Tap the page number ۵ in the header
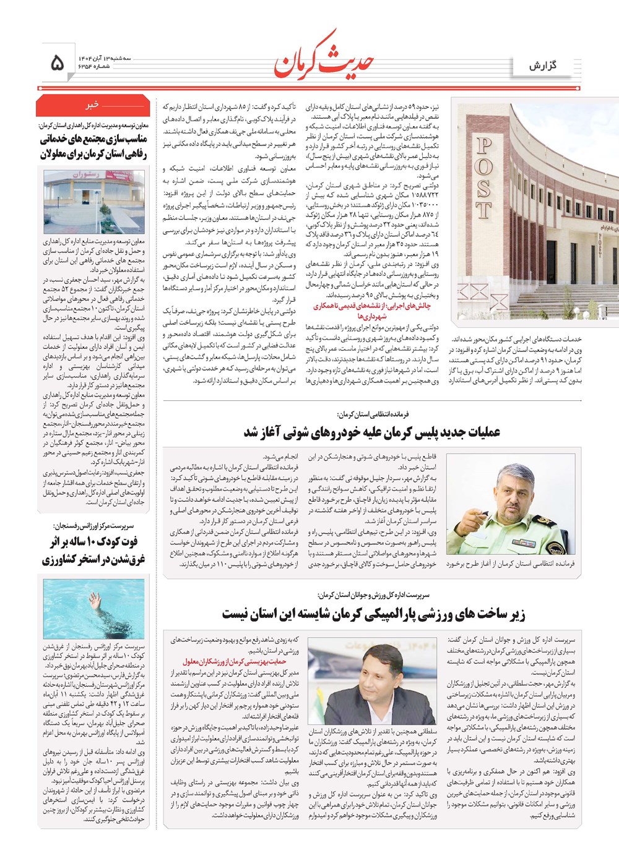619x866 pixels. click(56, 62)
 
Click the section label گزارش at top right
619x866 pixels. click(543, 66)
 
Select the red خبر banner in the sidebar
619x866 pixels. click(93, 105)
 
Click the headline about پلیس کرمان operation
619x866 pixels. click(371, 432)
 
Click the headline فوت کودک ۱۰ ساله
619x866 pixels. click(93, 551)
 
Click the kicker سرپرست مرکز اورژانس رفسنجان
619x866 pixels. click(93, 526)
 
